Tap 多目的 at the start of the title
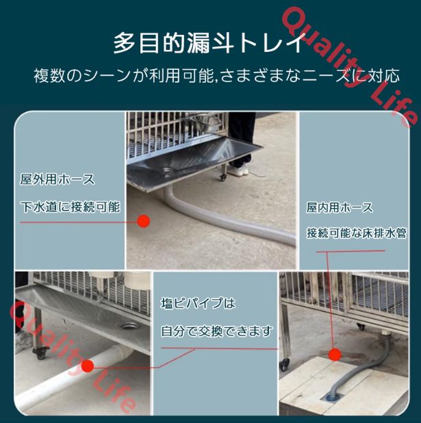click(x=140, y=43)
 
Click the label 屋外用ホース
click(x=58, y=180)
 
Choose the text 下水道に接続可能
click(x=70, y=206)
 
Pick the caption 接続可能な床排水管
click(x=356, y=233)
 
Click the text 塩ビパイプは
click(x=198, y=303)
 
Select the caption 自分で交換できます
click(x=217, y=331)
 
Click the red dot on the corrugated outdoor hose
click(x=143, y=221)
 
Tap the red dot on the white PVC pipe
click(x=88, y=366)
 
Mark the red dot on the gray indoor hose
click(x=334, y=354)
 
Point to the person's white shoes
click(x=238, y=171)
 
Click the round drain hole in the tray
click(x=128, y=326)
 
